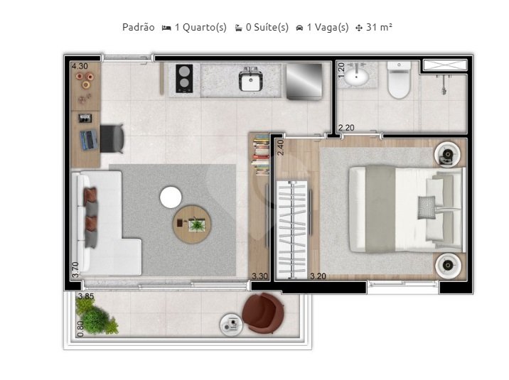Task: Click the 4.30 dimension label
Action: point(80,66)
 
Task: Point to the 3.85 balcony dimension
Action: point(86,296)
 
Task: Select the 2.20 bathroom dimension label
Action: point(346,129)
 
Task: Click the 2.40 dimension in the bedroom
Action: point(280,148)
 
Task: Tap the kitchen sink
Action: point(250,80)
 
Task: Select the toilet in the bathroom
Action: point(399,80)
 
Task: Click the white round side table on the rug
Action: point(171,197)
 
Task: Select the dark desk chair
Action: point(112,138)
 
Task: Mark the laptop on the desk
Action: point(87,139)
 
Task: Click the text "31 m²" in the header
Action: point(379,28)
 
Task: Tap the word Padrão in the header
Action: point(138,28)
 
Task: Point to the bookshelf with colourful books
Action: point(260,152)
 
